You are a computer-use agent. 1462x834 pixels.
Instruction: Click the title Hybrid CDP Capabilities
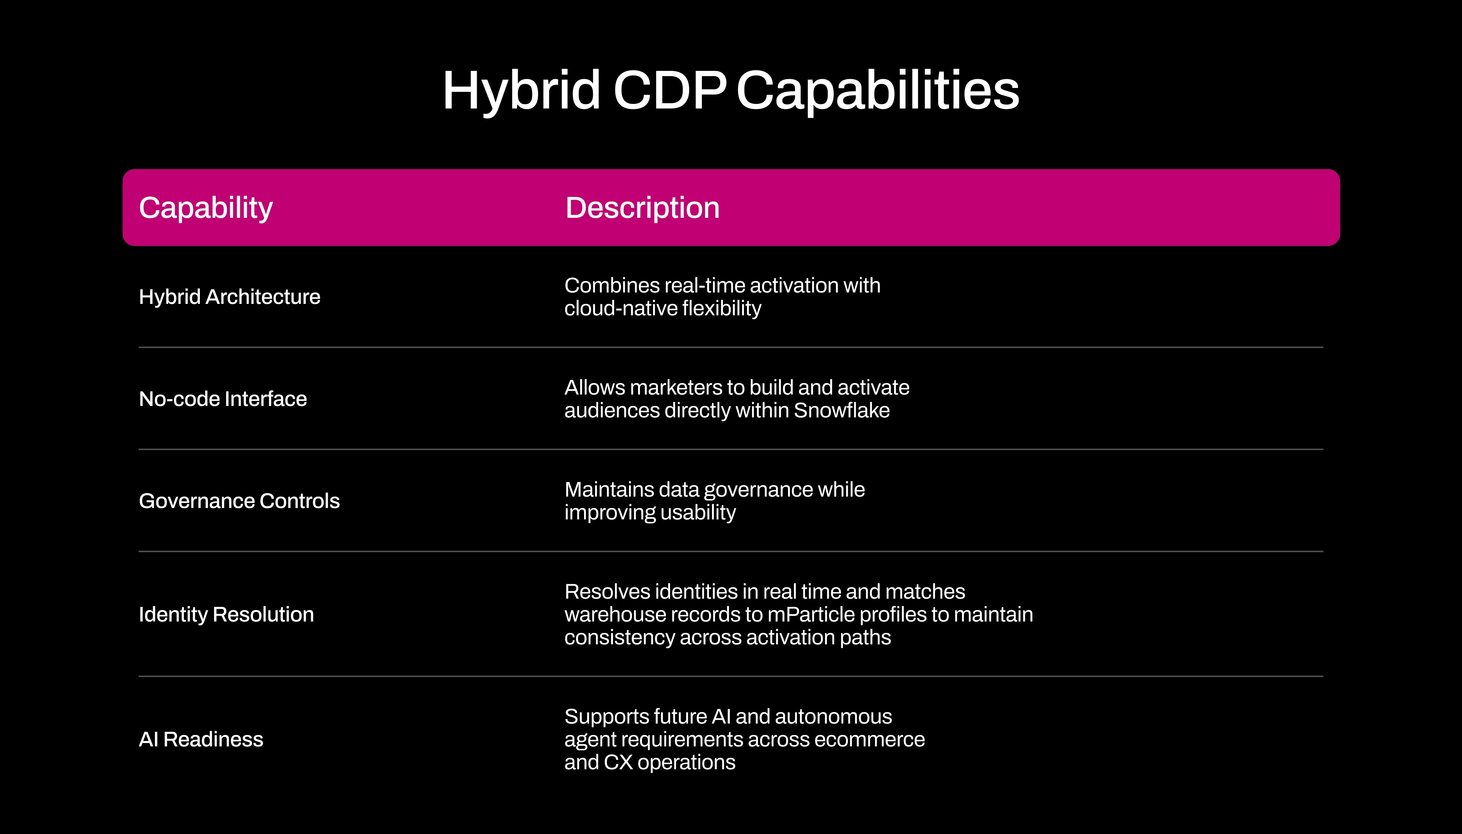[731, 91]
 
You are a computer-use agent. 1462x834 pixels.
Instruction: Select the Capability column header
[206, 207]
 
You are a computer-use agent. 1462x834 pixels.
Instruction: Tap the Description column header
[642, 207]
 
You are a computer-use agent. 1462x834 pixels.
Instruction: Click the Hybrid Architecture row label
[229, 297]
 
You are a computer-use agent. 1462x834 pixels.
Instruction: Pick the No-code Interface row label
[223, 399]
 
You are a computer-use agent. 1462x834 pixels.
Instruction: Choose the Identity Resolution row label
[226, 614]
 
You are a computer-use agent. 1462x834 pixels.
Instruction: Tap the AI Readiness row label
[201, 739]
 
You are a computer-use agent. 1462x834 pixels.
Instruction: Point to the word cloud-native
[620, 308]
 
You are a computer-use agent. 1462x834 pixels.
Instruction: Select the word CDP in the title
[669, 91]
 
